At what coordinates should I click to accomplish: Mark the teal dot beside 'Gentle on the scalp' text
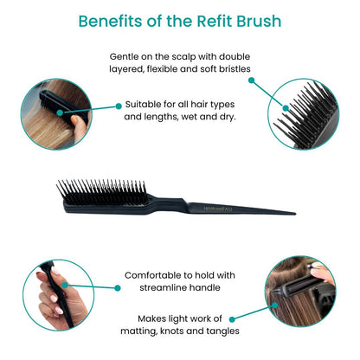pyautogui.click(x=251, y=80)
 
